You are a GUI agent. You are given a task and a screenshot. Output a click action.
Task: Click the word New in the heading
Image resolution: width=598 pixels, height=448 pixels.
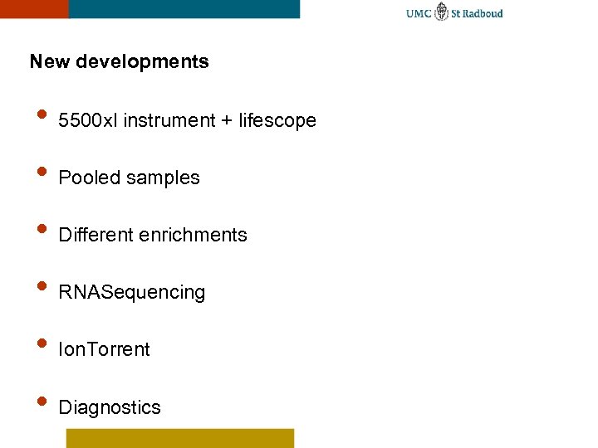[x=48, y=61]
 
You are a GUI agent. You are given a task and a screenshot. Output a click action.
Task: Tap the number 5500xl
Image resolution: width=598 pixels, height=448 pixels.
[x=89, y=120]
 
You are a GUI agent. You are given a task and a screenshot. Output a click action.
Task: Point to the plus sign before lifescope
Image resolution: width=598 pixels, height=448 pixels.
[x=227, y=121]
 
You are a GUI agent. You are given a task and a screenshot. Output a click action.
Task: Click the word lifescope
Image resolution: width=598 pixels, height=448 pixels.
[x=277, y=121]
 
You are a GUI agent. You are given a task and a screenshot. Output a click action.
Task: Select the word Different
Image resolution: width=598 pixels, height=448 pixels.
[x=96, y=235]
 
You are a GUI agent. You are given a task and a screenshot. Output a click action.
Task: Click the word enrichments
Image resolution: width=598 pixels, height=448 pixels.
[x=194, y=235]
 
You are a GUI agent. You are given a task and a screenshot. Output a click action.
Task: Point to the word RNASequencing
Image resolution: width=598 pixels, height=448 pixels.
[x=132, y=293]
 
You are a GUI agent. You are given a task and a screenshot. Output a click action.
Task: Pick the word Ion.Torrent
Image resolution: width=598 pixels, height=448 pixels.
[x=105, y=349]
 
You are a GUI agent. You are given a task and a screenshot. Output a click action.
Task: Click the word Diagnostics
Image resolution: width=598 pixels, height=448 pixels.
[x=110, y=407]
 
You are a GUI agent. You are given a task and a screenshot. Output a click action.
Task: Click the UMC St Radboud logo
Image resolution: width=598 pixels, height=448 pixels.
[x=454, y=13]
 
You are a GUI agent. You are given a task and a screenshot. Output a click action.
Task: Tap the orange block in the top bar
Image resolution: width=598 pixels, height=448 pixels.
[x=34, y=8]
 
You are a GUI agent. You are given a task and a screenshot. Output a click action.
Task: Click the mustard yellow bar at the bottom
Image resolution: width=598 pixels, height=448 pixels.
[x=180, y=438]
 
